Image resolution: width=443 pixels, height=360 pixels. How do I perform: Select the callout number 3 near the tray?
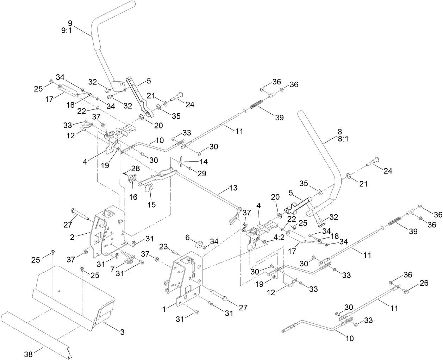click(x=122, y=332)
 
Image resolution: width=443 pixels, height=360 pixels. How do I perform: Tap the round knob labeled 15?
click(x=149, y=188)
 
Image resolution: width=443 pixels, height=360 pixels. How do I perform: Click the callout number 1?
click(x=164, y=309)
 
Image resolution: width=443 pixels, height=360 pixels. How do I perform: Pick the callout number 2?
click(x=72, y=237)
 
